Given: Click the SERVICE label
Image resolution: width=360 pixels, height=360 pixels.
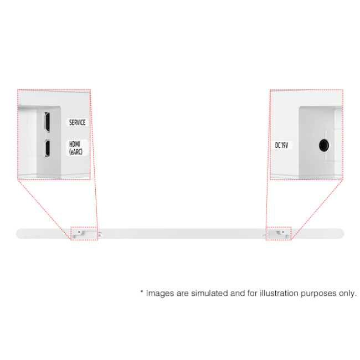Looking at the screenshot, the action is (78, 122).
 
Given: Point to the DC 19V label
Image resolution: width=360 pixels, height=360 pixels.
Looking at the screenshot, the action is (281, 145).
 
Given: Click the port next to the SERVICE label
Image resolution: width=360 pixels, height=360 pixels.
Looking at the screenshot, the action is (47, 122).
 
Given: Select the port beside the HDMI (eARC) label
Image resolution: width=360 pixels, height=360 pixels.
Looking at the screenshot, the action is (47, 148).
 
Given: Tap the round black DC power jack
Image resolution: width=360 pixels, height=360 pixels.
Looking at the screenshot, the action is (324, 145).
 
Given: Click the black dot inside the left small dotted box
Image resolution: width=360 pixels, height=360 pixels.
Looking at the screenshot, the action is (79, 232).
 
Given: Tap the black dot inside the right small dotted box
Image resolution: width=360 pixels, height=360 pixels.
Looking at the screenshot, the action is (283, 232).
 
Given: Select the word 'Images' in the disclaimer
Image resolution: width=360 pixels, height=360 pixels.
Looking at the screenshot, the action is (160, 294).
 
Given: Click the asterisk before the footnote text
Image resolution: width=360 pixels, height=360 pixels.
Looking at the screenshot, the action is (142, 291).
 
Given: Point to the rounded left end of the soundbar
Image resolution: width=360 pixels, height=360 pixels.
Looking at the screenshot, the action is (18, 234).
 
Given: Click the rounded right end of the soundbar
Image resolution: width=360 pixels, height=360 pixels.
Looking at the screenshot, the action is (341, 234).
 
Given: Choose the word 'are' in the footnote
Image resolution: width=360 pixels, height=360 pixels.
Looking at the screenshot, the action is (183, 294).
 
